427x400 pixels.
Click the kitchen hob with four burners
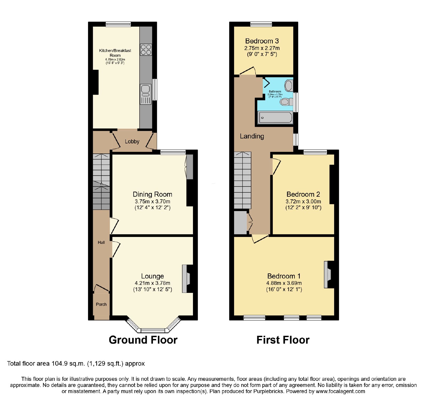[146, 50]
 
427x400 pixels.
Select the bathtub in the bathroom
[275, 118]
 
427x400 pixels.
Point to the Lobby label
[132, 142]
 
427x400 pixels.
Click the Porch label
[101, 304]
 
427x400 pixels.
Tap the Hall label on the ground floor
[101, 243]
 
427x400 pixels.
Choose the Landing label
[252, 136]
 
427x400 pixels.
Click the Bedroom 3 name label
[262, 41]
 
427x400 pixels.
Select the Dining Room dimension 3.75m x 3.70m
[152, 201]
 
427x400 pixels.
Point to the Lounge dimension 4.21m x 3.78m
[152, 283]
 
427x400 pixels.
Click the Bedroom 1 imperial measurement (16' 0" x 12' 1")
[284, 289]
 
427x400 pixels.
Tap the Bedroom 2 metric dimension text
[303, 201]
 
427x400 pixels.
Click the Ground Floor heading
[143, 340]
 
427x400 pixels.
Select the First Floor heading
[283, 340]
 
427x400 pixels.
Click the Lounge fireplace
[186, 279]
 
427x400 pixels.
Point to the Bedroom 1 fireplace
[328, 274]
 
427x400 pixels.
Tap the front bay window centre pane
[153, 331]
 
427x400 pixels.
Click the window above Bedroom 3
[261, 24]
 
